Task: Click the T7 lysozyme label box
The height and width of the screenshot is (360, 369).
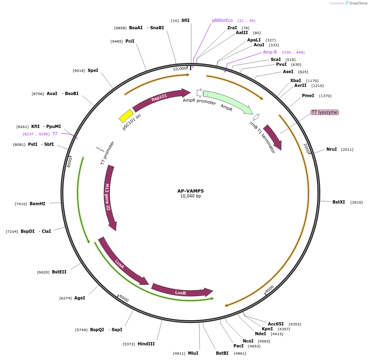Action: (x=324, y=112)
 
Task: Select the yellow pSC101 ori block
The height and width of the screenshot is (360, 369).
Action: (x=126, y=116)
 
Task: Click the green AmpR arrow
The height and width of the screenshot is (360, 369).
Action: (x=227, y=101)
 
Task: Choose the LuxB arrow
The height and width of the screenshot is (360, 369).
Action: (x=181, y=291)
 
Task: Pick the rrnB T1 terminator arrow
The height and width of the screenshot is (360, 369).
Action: (x=272, y=137)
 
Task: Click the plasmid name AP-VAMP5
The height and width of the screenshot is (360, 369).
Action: (x=190, y=191)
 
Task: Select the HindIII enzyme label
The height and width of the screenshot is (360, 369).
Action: (x=146, y=344)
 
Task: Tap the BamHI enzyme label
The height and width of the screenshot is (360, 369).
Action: (x=37, y=204)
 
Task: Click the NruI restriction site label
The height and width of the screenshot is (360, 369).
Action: (x=332, y=149)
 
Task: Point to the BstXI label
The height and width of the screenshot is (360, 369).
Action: (x=339, y=202)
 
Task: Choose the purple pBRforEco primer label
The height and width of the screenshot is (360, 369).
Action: (x=222, y=20)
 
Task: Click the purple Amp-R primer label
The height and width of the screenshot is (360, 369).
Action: (x=270, y=52)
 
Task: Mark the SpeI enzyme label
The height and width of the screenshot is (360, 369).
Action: (x=93, y=70)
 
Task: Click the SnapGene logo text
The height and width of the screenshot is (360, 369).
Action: (x=359, y=3)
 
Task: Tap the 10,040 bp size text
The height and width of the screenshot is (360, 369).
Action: (x=190, y=196)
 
